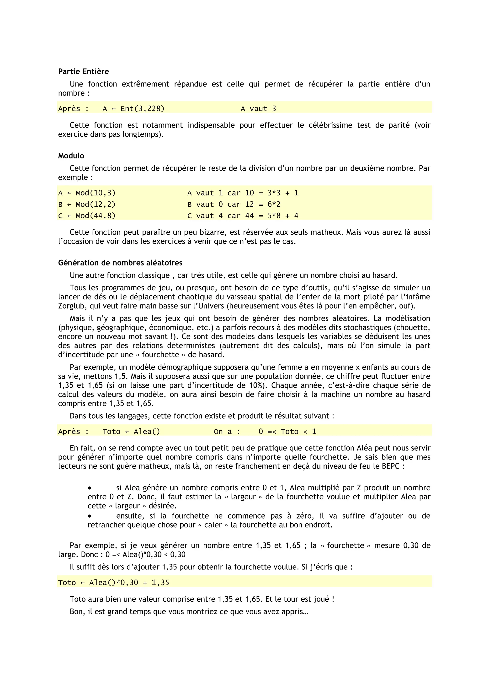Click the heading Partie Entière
tap(83, 71)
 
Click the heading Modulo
tap(71, 156)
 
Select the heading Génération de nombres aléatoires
tap(120, 263)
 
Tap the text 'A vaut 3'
tap(258, 109)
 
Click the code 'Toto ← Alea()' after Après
tap(131, 432)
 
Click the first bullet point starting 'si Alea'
tap(90, 488)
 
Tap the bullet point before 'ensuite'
tap(90, 516)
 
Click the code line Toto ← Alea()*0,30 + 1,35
tap(113, 583)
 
